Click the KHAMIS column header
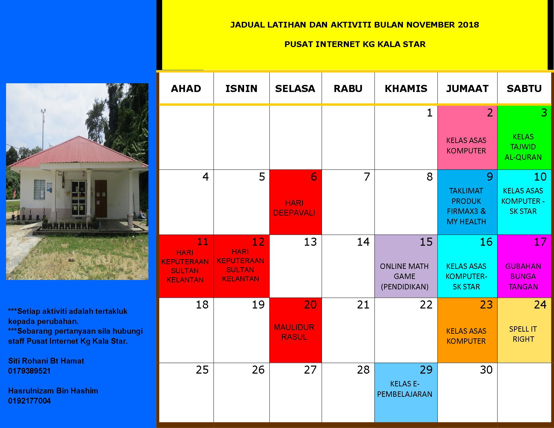click(x=406, y=89)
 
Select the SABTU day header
click(x=524, y=89)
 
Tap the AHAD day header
click(x=186, y=89)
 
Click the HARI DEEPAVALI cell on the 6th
click(x=294, y=208)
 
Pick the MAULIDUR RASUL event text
click(x=294, y=332)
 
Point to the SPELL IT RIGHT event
click(x=523, y=334)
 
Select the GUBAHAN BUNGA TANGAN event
click(x=523, y=276)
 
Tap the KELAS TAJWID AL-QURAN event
click(x=523, y=147)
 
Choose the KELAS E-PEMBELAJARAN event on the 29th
click(x=405, y=389)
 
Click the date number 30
click(x=486, y=370)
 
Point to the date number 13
click(x=310, y=242)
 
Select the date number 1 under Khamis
click(x=429, y=113)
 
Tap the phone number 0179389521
click(x=29, y=371)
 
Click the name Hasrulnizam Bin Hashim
click(x=53, y=391)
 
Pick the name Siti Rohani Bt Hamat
click(x=46, y=361)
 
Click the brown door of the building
click(x=101, y=198)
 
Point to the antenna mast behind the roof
click(x=43, y=129)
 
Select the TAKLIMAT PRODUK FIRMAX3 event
click(x=466, y=206)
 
